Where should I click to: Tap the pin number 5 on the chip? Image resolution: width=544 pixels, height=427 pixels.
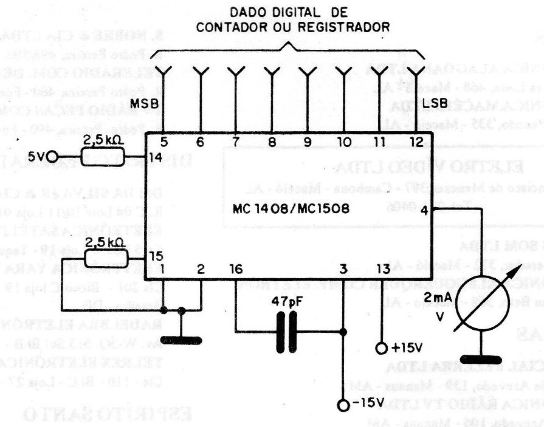click(164, 143)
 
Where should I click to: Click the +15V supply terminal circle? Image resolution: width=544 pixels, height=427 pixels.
click(382, 349)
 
